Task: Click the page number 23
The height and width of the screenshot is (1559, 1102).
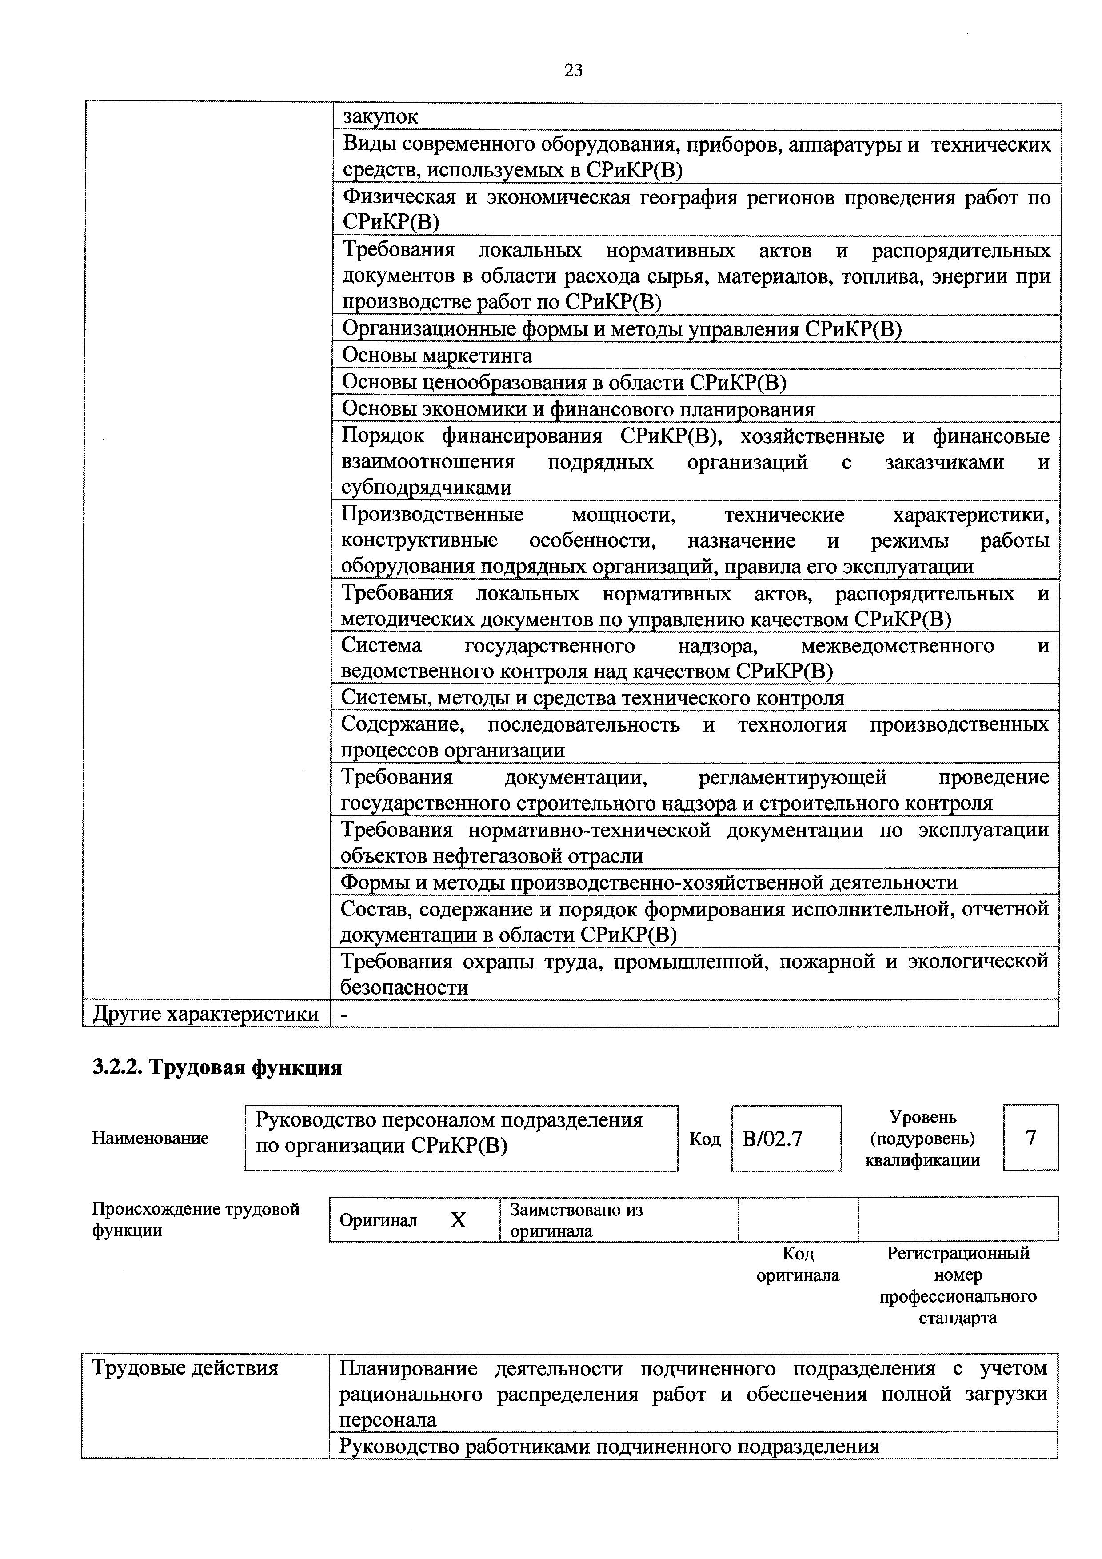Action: (573, 71)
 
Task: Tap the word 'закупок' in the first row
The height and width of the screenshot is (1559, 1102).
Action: (380, 117)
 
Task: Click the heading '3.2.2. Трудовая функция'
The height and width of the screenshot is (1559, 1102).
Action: (216, 1067)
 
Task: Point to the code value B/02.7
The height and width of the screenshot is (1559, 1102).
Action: (773, 1139)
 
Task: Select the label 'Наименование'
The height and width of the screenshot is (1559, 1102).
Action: (150, 1138)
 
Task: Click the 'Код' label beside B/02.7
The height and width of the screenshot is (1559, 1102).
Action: (705, 1139)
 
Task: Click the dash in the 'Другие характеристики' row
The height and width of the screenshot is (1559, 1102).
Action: (345, 1014)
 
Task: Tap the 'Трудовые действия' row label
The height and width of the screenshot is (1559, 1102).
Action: (185, 1367)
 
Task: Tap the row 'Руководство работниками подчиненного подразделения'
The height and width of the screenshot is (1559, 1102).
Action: (609, 1446)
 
